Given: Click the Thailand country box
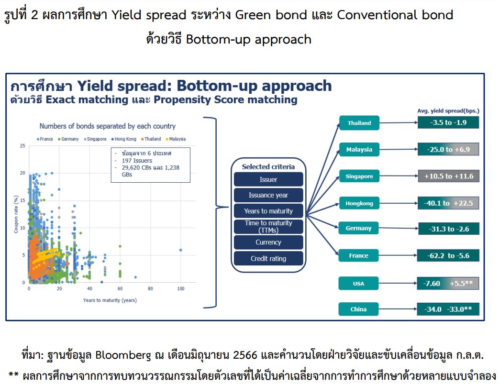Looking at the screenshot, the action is pyautogui.click(x=359, y=123).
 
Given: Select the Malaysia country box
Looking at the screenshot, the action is pyautogui.click(x=359, y=150).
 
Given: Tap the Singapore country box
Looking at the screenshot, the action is pyautogui.click(x=359, y=176).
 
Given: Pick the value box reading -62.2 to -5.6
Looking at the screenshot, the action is pyautogui.click(x=448, y=255).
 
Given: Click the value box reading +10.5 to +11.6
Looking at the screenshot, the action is pyautogui.click(x=448, y=176).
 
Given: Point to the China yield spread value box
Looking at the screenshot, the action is pyautogui.click(x=448, y=309).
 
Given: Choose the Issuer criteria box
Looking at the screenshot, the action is pyautogui.click(x=268, y=179).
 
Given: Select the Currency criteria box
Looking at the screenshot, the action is pyautogui.click(x=268, y=242).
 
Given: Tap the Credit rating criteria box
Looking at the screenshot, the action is pyautogui.click(x=268, y=258).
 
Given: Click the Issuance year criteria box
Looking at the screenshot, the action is pyautogui.click(x=268, y=195).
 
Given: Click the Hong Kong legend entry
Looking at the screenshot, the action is pyautogui.click(x=124, y=139).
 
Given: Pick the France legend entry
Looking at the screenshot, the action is pyautogui.click(x=45, y=139).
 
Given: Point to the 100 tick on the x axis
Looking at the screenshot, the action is pyautogui.click(x=181, y=288).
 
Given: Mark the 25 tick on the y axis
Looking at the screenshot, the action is pyautogui.click(x=22, y=146).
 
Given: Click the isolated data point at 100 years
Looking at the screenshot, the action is pyautogui.click(x=181, y=250).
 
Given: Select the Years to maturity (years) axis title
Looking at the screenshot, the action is pyautogui.click(x=110, y=300).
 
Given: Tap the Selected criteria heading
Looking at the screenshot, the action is pyautogui.click(x=268, y=167).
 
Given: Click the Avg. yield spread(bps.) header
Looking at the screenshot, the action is pyautogui.click(x=448, y=111).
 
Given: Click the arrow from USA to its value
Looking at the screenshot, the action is pyautogui.click(x=398, y=283).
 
